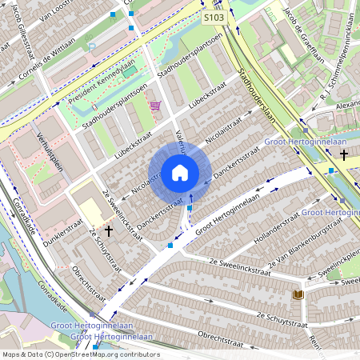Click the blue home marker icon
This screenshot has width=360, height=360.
click(180, 173)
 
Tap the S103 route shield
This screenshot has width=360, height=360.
click(213, 16)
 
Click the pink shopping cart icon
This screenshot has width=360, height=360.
click(155, 105)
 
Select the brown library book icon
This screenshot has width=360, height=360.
click(298, 295)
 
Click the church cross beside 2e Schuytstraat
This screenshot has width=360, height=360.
click(108, 230)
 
